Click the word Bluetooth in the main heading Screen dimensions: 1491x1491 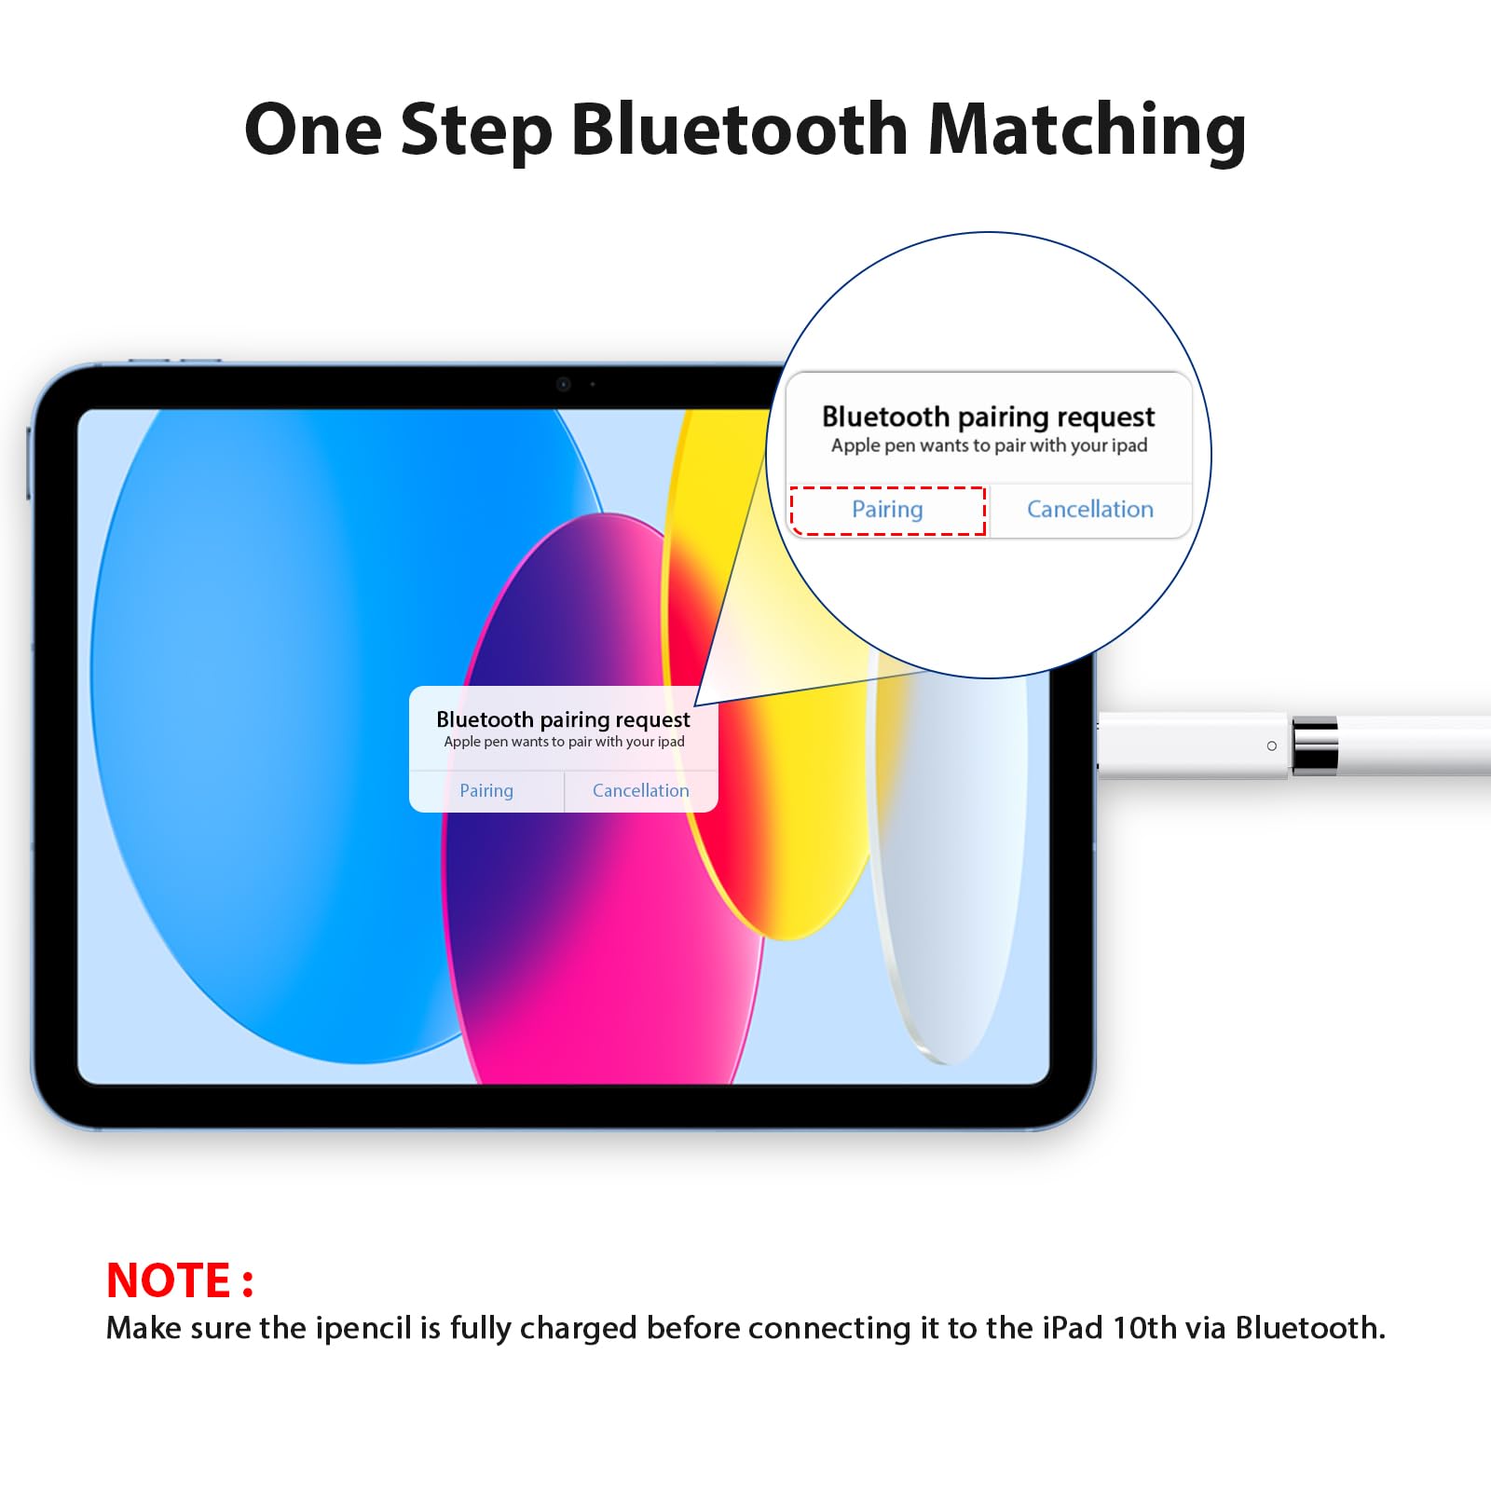click(x=738, y=129)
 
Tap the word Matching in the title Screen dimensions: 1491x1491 click(x=1087, y=130)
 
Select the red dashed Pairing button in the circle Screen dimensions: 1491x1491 click(x=887, y=510)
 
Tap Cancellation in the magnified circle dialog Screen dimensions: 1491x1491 click(x=1089, y=510)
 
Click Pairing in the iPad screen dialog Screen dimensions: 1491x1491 click(x=486, y=791)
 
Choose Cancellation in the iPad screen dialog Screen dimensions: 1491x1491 click(x=640, y=791)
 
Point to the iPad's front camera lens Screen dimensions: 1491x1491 click(x=563, y=384)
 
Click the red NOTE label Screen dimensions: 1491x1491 click(x=179, y=1280)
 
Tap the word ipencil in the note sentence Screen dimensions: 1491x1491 click(x=362, y=1328)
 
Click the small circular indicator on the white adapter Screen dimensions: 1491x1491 click(x=1271, y=745)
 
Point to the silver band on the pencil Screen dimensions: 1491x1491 click(x=1315, y=745)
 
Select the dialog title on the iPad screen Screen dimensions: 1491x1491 click(x=563, y=719)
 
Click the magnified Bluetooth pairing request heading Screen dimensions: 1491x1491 click(x=988, y=417)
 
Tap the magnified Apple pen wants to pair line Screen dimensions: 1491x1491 click(x=988, y=445)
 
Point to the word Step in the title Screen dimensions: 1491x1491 click(x=476, y=130)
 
